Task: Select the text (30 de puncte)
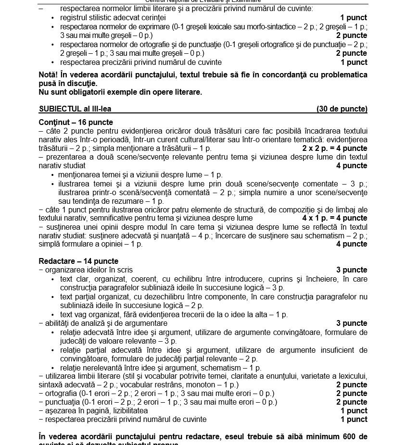342,109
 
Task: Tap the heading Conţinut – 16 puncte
76,122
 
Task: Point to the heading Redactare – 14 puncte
78,261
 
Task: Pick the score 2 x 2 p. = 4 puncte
334,148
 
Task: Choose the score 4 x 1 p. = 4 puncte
334,218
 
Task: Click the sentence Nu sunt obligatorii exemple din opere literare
120,92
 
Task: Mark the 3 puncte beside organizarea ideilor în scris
352,270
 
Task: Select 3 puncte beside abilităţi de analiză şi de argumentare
352,323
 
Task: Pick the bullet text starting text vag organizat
174,314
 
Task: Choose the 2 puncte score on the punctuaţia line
352,402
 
